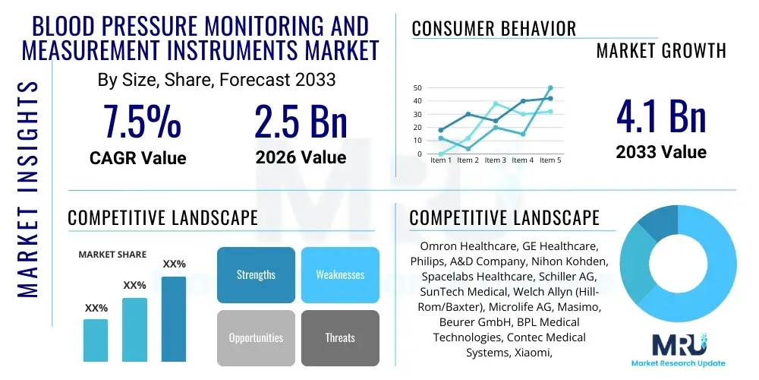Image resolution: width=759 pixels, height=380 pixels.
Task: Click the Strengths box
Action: pyautogui.click(x=256, y=274)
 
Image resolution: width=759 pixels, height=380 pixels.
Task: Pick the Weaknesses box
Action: pyautogui.click(x=339, y=274)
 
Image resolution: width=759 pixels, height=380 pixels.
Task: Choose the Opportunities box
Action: pyautogui.click(x=256, y=337)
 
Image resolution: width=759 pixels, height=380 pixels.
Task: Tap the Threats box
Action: pyautogui.click(x=339, y=337)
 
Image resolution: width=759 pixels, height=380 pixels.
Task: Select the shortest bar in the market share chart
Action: pyautogui.click(x=96, y=340)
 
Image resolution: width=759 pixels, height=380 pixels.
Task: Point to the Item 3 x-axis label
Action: pyautogui.click(x=496, y=160)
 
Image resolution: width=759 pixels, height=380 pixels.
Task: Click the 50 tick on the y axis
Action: pyautogui.click(x=417, y=88)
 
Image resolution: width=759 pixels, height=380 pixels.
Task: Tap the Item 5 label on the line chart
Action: pyautogui.click(x=550, y=160)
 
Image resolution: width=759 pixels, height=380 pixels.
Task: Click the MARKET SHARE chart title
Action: pyautogui.click(x=112, y=255)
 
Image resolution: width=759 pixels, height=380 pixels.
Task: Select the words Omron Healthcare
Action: pyautogui.click(x=465, y=247)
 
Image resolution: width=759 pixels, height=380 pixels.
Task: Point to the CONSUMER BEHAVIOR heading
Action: pyautogui.click(x=493, y=29)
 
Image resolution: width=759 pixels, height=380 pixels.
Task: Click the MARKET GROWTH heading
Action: pyautogui.click(x=661, y=51)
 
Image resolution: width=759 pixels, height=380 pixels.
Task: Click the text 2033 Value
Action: pyautogui.click(x=660, y=152)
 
